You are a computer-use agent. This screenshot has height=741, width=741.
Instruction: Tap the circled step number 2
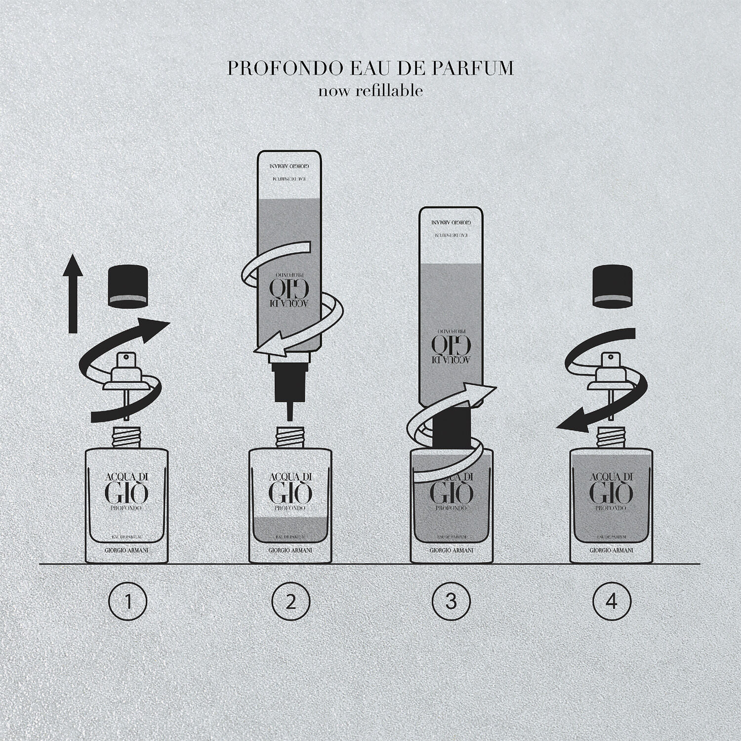[x=290, y=602]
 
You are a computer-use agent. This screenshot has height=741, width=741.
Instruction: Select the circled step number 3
[x=451, y=602]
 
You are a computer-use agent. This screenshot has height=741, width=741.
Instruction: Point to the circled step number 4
[x=612, y=602]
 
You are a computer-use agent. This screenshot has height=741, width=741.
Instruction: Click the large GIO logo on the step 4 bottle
[x=611, y=491]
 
